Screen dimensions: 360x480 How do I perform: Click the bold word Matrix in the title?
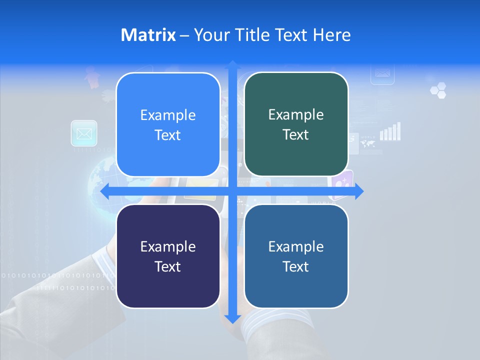click(148, 35)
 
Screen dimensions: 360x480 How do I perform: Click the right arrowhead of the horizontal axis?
click(359, 192)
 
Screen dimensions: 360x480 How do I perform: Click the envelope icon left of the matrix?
click(84, 133)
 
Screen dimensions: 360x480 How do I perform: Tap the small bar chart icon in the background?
click(390, 131)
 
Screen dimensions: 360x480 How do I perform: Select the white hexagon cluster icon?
click(438, 90)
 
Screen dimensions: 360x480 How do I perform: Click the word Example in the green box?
click(296, 115)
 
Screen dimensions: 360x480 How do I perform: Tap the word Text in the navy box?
click(168, 266)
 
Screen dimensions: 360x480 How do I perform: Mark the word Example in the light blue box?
click(168, 115)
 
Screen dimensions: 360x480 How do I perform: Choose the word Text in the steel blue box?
click(296, 266)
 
